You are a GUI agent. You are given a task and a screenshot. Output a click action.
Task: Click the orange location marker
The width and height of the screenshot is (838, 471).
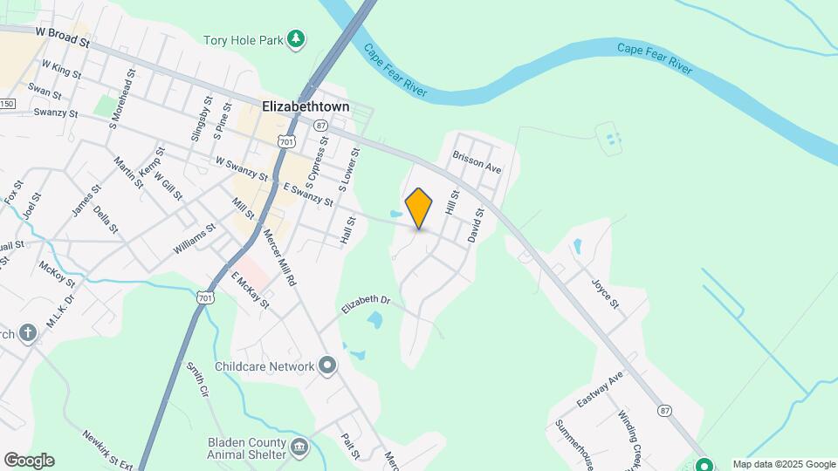[x=419, y=208]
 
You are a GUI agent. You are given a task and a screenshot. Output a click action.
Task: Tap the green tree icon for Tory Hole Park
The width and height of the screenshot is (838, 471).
[x=298, y=39]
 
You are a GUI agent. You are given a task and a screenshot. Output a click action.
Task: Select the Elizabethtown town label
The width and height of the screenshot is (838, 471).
[x=306, y=106]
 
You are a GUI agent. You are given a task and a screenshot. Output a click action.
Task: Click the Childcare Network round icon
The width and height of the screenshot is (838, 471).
[x=327, y=365]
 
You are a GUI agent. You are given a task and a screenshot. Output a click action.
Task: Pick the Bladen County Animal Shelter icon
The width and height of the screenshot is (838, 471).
[x=299, y=447]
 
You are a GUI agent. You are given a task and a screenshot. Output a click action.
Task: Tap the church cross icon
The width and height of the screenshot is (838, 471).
[x=28, y=333]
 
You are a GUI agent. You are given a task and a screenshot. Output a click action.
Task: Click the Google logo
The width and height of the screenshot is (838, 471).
[x=29, y=461]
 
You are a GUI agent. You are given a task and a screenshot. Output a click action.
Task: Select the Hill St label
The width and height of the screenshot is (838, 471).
[x=452, y=202]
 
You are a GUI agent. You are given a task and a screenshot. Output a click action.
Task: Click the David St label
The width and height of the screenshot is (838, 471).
[x=476, y=225]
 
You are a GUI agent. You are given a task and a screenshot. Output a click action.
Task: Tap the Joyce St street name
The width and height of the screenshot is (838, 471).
[x=604, y=293]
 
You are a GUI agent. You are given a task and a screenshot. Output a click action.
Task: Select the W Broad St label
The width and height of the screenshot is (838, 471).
[x=63, y=36]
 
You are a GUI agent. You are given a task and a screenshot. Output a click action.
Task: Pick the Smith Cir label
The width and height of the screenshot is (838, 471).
[x=198, y=380]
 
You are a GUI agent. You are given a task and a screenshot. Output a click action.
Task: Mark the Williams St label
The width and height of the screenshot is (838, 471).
[x=193, y=238]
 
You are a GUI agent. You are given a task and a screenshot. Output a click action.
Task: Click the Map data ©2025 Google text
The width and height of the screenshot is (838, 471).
[x=784, y=464]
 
